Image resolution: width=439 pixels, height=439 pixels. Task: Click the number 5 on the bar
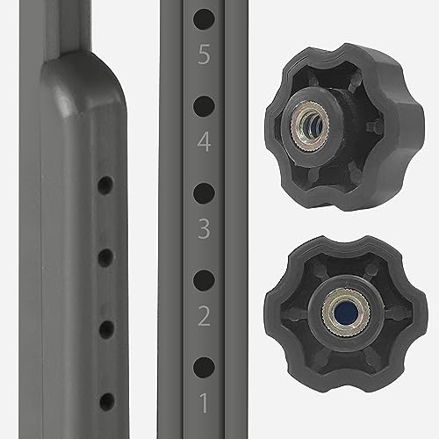pos(204,54)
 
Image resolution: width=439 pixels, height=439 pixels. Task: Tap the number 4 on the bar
pos(204,141)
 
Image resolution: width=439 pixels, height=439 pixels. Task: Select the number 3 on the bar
pos(204,228)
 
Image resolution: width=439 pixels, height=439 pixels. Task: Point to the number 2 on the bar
pos(204,316)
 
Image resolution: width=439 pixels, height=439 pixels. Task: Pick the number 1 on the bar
pos(204,403)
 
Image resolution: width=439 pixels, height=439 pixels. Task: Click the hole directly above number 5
pos(204,19)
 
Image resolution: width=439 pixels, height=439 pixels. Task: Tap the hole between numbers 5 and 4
pos(204,106)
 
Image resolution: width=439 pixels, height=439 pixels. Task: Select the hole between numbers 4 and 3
pos(204,193)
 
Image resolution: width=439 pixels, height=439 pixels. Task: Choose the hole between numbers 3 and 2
pos(204,280)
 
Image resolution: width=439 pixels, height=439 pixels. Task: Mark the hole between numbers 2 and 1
pos(204,367)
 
